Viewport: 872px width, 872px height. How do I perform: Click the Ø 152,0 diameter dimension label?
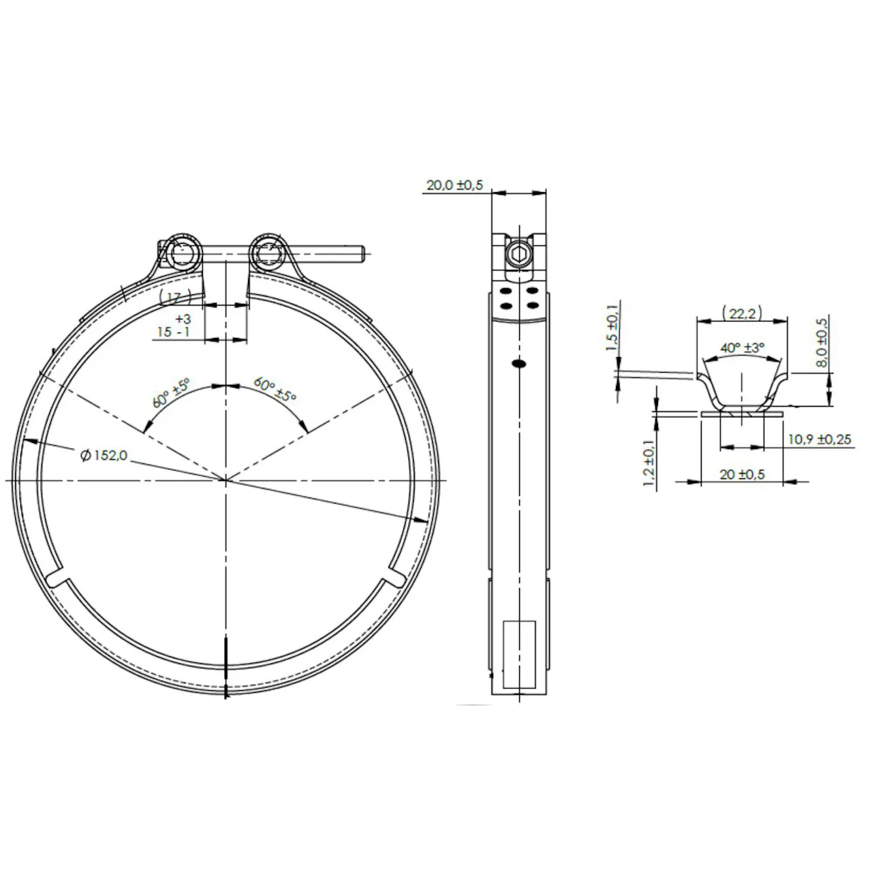click(x=104, y=455)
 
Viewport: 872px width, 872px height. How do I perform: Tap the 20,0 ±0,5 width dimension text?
click(x=454, y=185)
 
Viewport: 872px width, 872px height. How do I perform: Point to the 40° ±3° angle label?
click(x=742, y=348)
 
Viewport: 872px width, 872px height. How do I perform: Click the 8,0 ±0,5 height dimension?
click(x=822, y=342)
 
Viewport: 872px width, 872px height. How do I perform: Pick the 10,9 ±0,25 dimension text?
click(x=820, y=439)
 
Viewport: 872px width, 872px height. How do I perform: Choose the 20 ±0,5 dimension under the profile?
click(x=742, y=474)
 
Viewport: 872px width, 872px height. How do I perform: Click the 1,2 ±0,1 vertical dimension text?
click(x=649, y=463)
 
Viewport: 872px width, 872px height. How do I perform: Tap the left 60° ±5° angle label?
click(x=170, y=393)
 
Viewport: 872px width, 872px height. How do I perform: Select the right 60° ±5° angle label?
click(x=275, y=389)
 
